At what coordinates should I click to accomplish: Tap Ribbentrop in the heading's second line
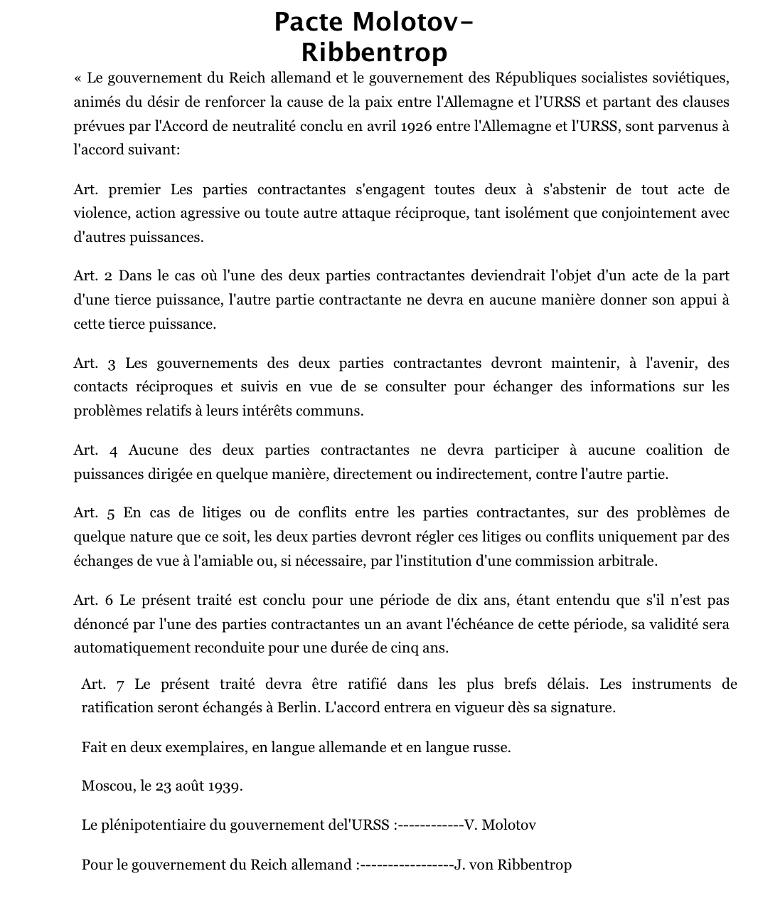coord(374,52)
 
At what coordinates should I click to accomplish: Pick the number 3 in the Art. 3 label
coord(111,364)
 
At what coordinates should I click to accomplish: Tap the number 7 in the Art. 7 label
coord(119,685)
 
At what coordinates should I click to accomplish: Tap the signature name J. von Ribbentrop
coord(513,865)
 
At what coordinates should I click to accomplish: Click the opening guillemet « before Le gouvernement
coord(78,78)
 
